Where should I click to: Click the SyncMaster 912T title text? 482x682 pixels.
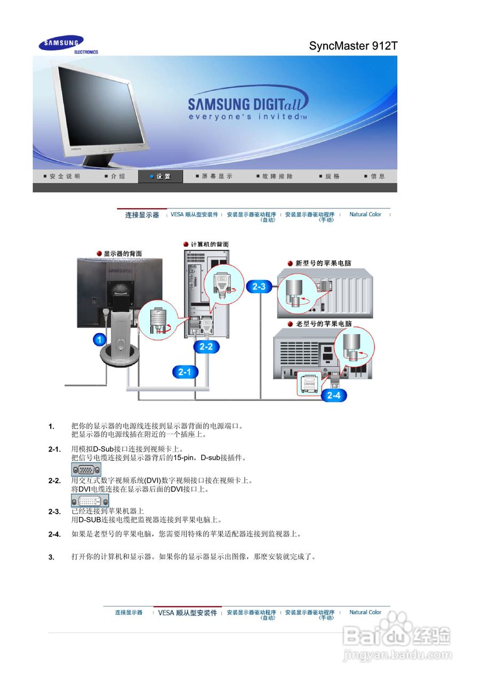tap(353, 46)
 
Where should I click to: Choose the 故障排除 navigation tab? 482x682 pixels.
tap(274, 176)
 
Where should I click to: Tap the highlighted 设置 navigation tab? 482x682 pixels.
tap(160, 176)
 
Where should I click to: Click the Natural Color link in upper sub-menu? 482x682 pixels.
tap(365, 214)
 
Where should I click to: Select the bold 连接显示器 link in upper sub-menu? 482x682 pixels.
tap(142, 215)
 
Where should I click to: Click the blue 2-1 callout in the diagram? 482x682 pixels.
tap(184, 372)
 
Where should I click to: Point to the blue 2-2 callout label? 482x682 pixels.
tap(206, 346)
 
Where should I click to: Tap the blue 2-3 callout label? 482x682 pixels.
tap(259, 287)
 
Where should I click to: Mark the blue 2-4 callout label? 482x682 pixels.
tap(334, 395)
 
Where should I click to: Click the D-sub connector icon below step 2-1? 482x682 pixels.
tap(86, 469)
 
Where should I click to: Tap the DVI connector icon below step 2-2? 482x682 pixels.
tap(90, 500)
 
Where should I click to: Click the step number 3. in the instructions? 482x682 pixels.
tap(52, 557)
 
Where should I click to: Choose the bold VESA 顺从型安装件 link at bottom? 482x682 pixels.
tap(187, 613)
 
